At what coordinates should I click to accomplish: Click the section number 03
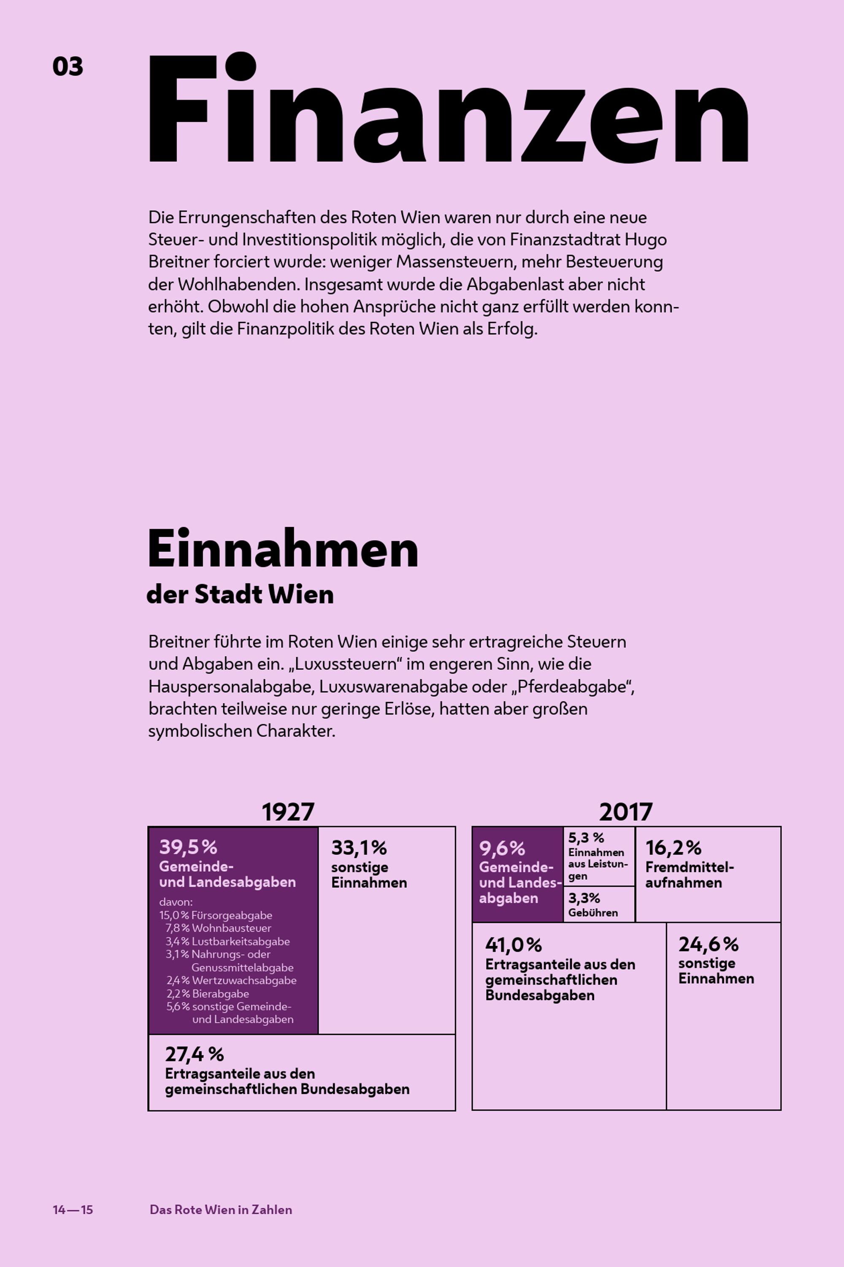click(x=68, y=66)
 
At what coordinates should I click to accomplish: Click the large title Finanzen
click(x=448, y=108)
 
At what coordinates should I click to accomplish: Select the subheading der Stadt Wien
click(x=240, y=594)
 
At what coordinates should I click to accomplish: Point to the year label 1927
click(x=288, y=811)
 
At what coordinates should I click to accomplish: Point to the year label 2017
click(x=625, y=811)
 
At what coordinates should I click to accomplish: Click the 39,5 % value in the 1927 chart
click(x=188, y=847)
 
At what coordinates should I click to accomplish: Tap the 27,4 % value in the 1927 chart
click(x=194, y=1054)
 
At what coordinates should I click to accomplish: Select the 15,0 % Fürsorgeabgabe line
click(x=216, y=915)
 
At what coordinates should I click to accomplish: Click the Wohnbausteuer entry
click(x=231, y=928)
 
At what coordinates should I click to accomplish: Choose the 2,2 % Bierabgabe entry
click(x=208, y=993)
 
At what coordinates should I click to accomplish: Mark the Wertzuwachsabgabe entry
click(x=244, y=980)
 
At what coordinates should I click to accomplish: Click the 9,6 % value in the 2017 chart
click(x=502, y=848)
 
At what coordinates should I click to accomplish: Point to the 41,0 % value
click(x=514, y=944)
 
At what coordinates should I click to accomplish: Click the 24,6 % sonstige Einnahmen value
click(x=709, y=944)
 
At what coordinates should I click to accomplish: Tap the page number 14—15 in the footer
click(x=73, y=1210)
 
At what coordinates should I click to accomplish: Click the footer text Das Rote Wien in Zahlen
click(x=221, y=1210)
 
